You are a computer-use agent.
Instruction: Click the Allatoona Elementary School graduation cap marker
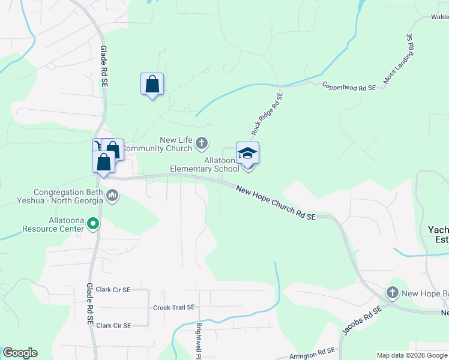click(247, 154)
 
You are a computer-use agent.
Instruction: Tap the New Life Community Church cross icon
click(202, 143)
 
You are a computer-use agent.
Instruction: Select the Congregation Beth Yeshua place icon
click(112, 195)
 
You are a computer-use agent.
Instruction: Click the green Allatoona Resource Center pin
click(93, 224)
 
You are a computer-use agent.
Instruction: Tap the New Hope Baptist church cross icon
click(393, 293)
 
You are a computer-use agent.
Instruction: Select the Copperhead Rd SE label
click(349, 88)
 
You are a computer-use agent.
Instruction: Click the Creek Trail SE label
click(174, 307)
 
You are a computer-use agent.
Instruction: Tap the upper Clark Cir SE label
click(113, 290)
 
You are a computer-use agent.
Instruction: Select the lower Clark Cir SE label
click(113, 326)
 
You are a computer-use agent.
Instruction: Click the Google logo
click(20, 353)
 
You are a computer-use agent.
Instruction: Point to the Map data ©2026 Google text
click(411, 355)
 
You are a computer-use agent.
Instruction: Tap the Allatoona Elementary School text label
click(204, 165)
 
